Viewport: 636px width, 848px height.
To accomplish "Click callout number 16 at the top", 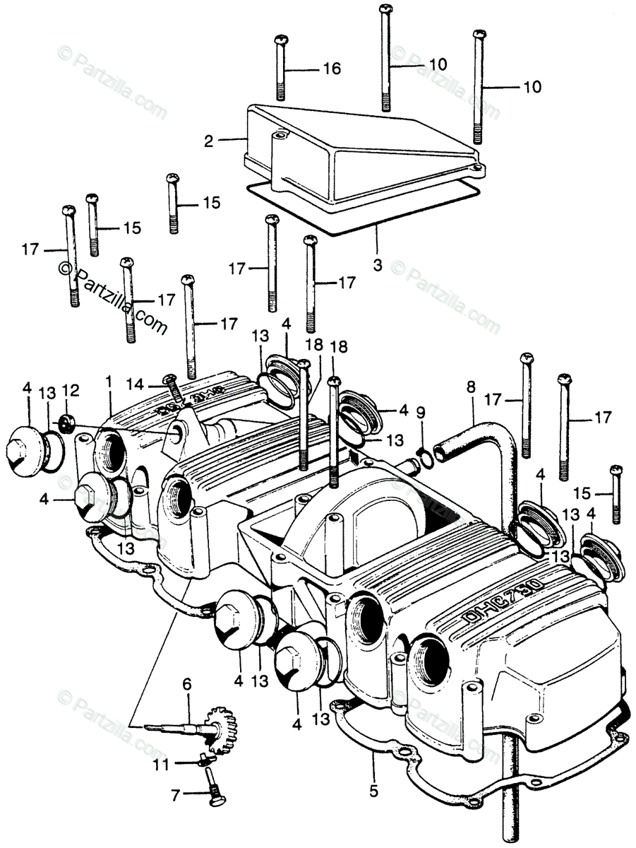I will pyautogui.click(x=332, y=69).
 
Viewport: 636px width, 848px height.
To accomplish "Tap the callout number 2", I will pyautogui.click(x=208, y=141).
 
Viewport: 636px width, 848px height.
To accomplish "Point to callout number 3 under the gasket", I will pyautogui.click(x=377, y=266).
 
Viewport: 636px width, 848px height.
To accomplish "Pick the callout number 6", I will pyautogui.click(x=187, y=684).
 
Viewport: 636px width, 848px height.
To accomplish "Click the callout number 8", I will pyautogui.click(x=471, y=387).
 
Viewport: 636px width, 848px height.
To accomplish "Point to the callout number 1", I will pyautogui.click(x=109, y=381).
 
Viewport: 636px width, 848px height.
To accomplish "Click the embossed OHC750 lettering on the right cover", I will pyautogui.click(x=503, y=601).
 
